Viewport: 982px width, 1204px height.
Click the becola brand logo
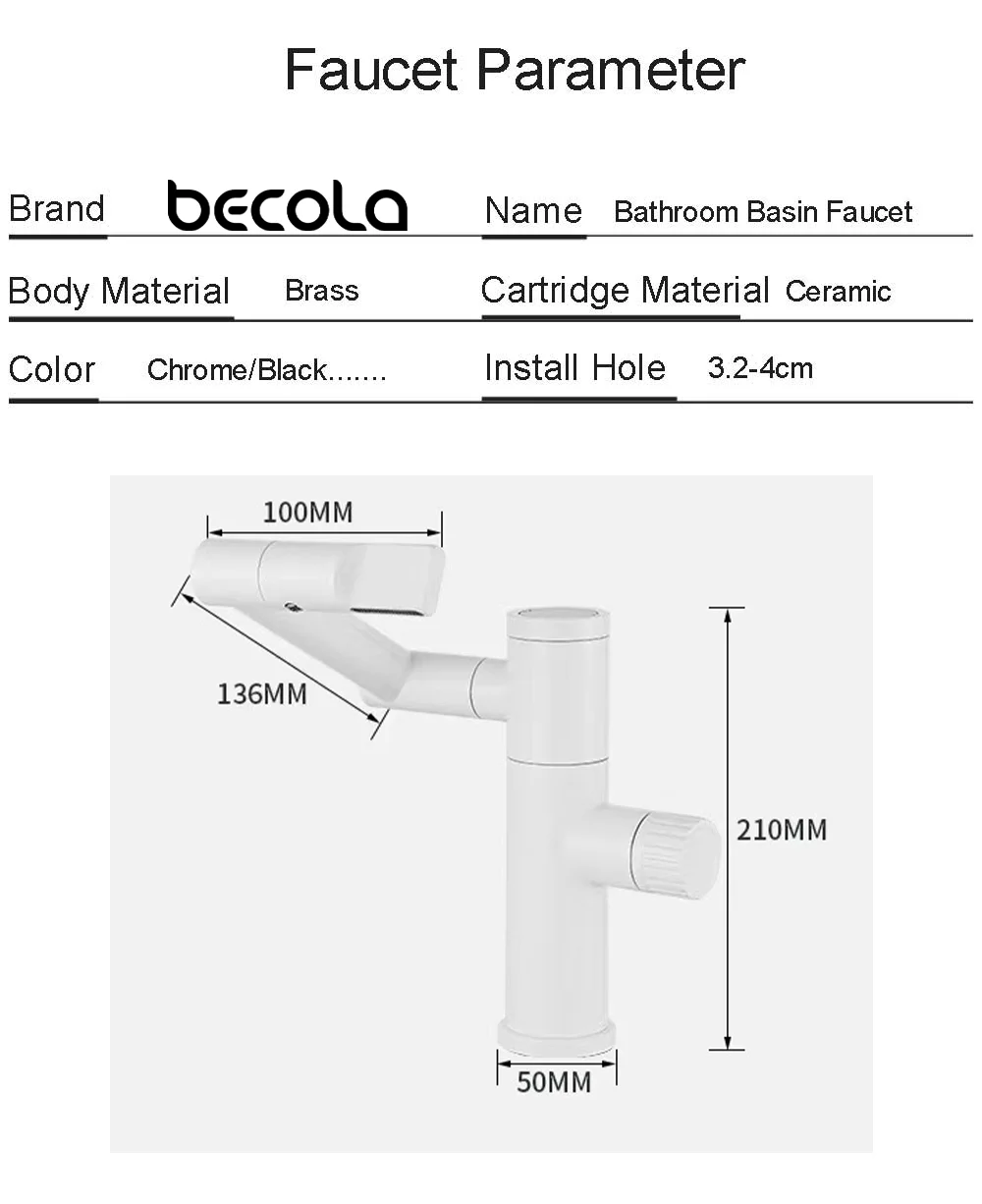tap(287, 206)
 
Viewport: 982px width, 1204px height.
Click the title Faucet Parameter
tap(515, 70)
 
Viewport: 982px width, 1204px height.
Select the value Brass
tap(321, 291)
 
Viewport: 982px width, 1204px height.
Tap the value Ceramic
tap(838, 292)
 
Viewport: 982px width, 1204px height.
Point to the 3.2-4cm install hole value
tap(760, 369)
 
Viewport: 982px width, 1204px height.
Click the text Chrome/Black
tap(265, 370)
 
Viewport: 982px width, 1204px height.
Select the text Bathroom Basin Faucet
tap(763, 212)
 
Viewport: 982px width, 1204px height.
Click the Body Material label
tap(119, 292)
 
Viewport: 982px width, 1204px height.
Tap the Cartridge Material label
tap(625, 291)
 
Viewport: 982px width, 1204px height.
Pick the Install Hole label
tap(574, 368)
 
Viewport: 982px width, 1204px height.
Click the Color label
tap(52, 370)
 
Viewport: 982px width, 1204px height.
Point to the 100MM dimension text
tap(307, 512)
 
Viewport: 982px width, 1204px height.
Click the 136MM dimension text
tap(261, 693)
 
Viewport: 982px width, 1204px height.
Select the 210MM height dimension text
tap(782, 830)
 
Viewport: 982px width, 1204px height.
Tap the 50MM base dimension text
tap(554, 1082)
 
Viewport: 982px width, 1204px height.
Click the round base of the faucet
tap(557, 1033)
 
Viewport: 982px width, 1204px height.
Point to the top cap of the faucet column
tap(557, 617)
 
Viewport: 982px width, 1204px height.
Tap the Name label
tap(533, 211)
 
